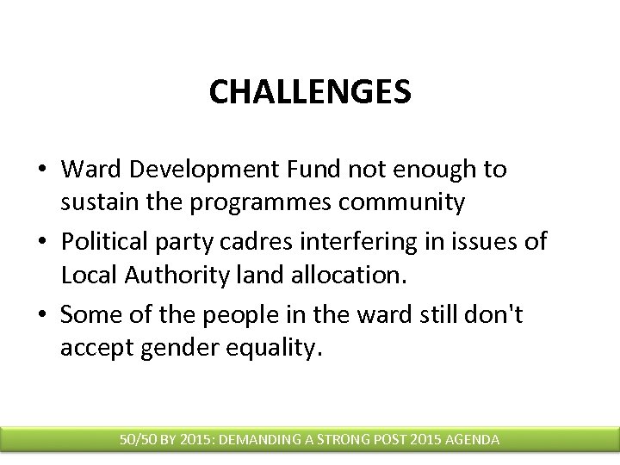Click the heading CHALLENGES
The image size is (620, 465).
tap(309, 91)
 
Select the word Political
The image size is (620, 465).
tap(100, 243)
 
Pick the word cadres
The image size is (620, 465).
tap(251, 243)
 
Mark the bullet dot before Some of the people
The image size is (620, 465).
tap(43, 315)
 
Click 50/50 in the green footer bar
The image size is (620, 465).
tap(139, 439)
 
